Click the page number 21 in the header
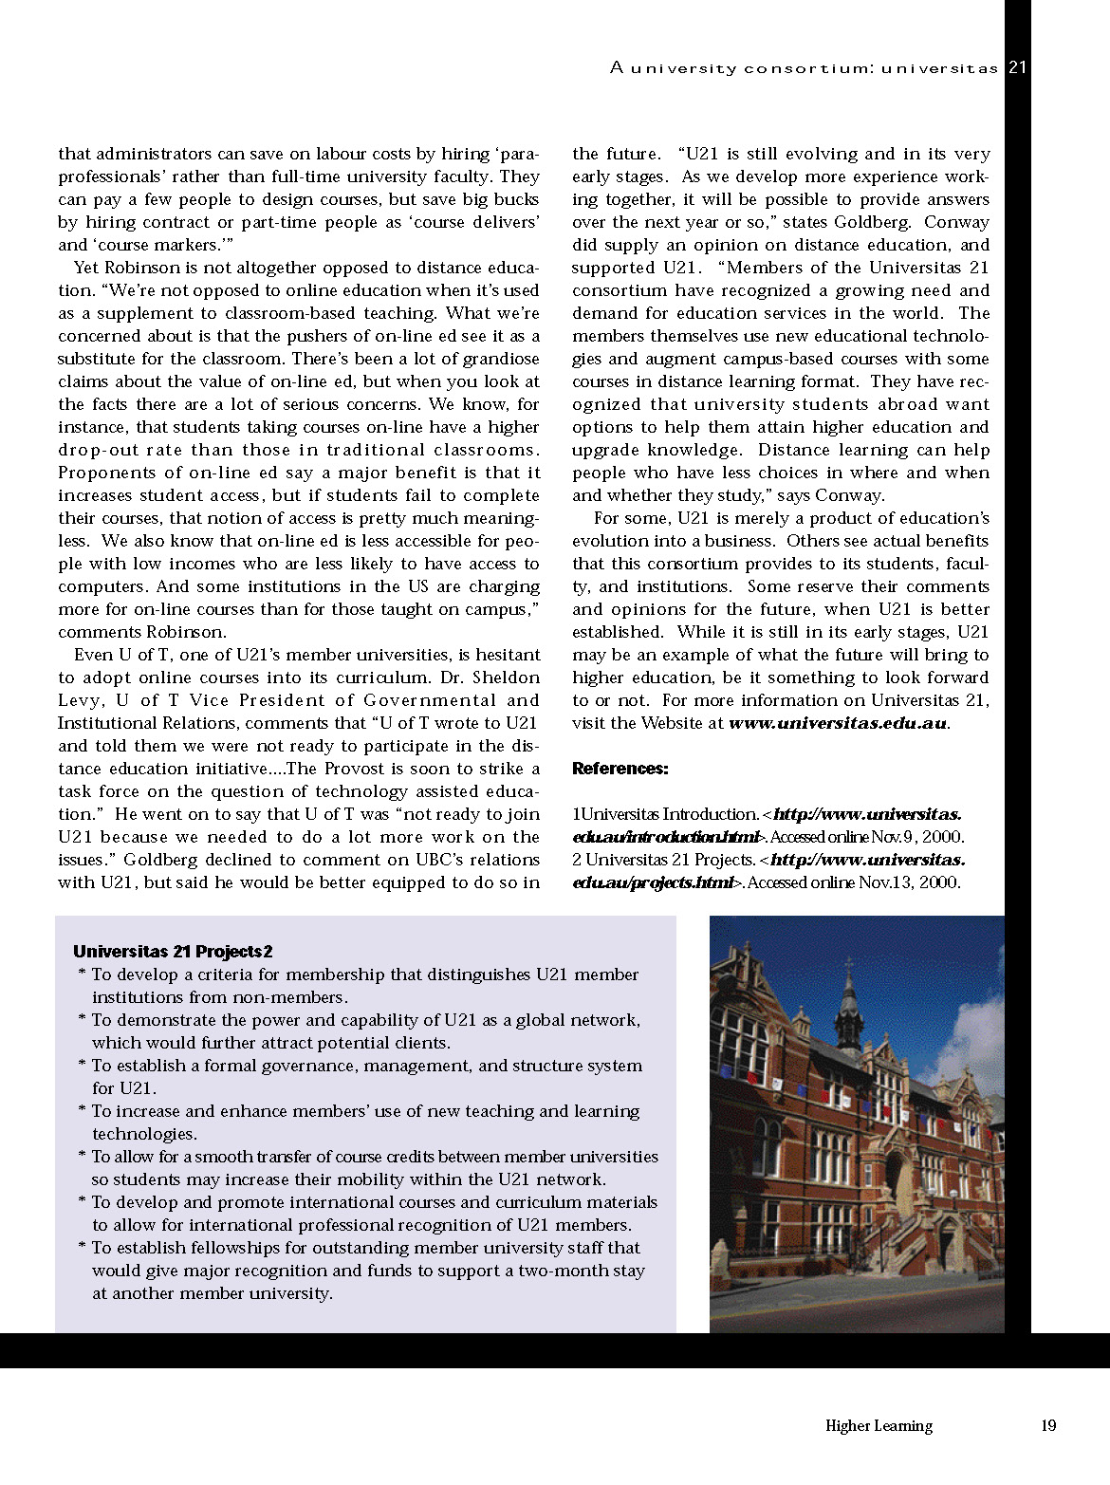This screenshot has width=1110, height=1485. click(1017, 67)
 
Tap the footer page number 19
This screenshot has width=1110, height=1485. click(1048, 1425)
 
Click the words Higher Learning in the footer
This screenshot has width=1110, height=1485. click(879, 1425)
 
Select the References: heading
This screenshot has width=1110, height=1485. click(620, 769)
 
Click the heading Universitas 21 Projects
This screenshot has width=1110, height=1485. click(173, 952)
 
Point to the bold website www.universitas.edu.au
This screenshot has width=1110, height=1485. click(838, 723)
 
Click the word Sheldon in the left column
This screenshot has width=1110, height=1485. click(506, 678)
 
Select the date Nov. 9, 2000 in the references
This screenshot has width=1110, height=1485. click(913, 837)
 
